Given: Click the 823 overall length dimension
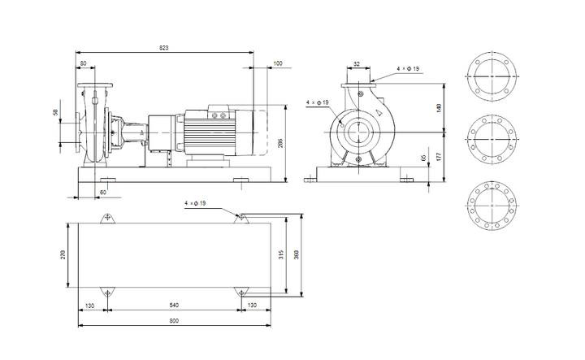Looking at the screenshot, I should click(163, 49).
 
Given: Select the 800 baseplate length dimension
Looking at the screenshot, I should click(174, 322).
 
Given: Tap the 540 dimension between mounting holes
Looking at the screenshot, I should click(174, 305).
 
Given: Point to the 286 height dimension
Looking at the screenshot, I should click(281, 143).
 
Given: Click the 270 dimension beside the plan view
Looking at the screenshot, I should click(63, 254).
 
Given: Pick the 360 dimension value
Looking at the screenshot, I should click(298, 254).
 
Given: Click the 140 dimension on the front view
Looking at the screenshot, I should click(440, 108).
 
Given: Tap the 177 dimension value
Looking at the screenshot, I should click(440, 155).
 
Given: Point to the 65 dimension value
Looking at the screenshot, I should click(423, 158).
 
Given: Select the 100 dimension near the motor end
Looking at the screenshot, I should click(278, 63).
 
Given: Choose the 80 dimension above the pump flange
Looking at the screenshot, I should click(83, 63).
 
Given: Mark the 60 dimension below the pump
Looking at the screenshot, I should click(102, 192).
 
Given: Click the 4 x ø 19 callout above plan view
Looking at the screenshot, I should click(196, 202).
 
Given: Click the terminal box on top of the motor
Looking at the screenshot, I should click(219, 113).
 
